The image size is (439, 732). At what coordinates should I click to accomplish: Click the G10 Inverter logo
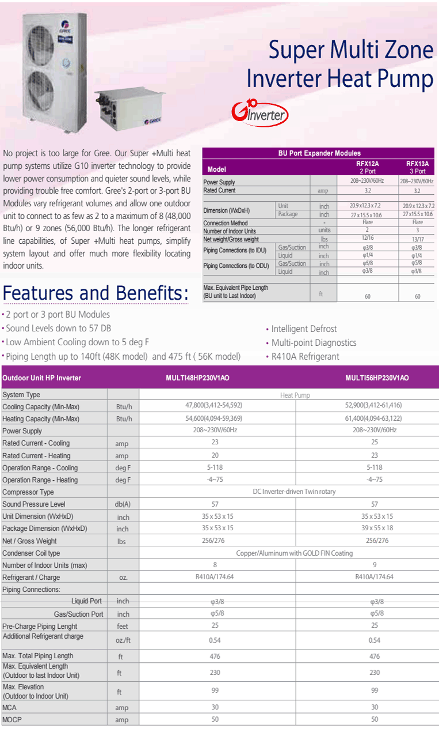259,113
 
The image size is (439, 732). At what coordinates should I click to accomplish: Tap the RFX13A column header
417,167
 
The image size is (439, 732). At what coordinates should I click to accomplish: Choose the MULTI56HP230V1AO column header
377,378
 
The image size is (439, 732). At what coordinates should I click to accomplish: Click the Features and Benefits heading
96,293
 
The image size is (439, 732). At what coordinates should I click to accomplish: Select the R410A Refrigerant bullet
305,357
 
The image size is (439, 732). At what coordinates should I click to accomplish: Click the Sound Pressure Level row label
34,504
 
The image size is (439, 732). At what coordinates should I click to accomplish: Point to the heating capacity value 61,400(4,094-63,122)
373,418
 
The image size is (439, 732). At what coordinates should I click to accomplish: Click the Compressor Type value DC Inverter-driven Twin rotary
294,492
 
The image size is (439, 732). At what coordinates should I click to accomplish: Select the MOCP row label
12,719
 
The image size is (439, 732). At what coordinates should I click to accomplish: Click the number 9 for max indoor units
375,565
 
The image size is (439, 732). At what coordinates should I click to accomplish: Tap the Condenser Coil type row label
31,553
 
